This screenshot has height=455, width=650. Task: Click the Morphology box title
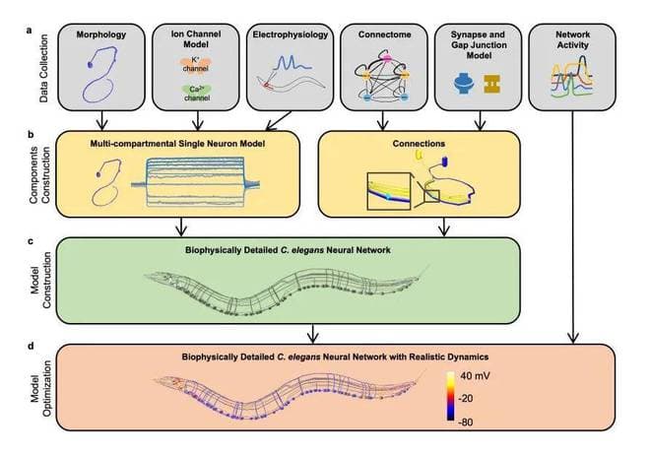101,35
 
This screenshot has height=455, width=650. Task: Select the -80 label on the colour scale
472,420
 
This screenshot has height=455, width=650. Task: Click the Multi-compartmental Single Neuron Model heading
180,144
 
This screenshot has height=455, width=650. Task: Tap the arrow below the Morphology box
101,124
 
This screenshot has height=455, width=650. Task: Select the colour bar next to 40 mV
450,399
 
